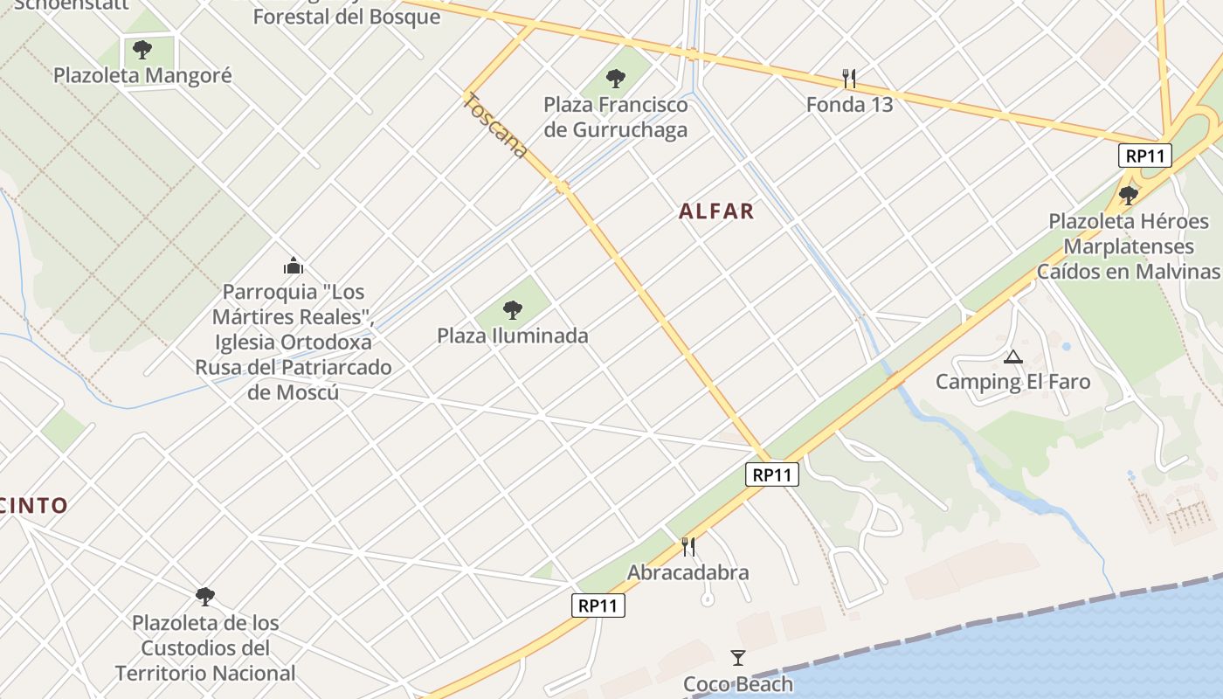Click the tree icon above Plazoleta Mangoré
point(142,49)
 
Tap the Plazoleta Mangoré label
point(142,75)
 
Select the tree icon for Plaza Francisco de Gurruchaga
point(616,78)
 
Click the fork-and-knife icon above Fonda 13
point(849,79)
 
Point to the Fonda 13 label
point(849,105)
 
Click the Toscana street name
point(495,126)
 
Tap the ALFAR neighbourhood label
point(716,211)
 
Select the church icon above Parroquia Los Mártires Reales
point(294,265)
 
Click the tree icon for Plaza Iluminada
point(513,308)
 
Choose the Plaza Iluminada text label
point(513,336)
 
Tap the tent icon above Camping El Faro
point(1012,356)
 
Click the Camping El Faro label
point(1012,382)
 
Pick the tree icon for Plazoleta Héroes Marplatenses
point(1129,194)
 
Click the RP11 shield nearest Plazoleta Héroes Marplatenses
point(1144,156)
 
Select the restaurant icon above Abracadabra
point(688,547)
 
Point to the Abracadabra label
point(688,573)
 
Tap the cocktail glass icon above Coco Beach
point(738,658)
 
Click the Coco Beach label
point(738,684)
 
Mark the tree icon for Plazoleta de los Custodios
point(205,597)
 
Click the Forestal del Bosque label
point(347,17)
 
